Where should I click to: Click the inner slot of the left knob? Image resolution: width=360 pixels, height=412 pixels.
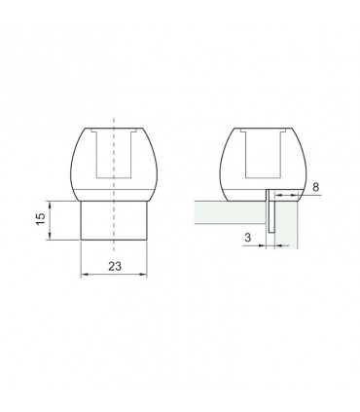click(114, 156)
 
